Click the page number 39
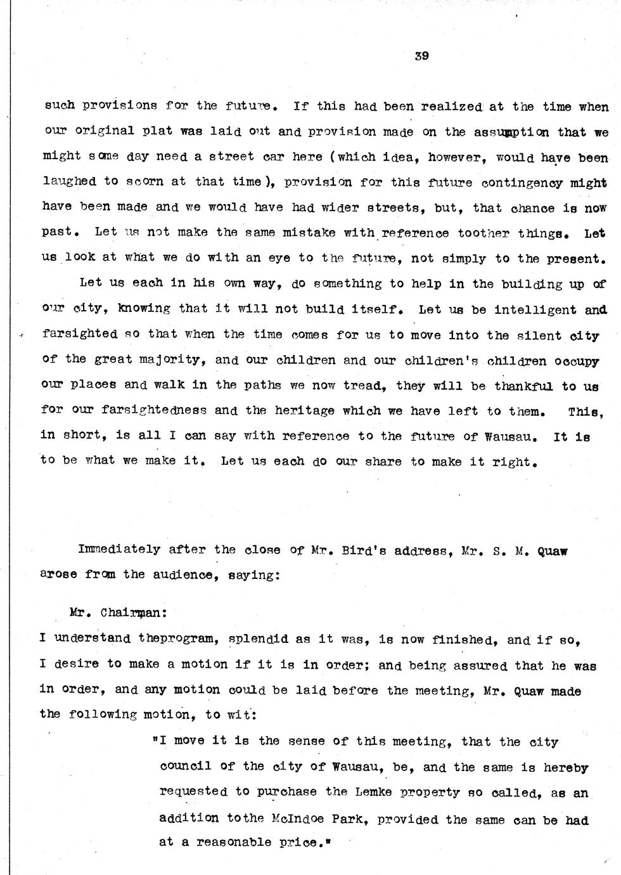coord(421,56)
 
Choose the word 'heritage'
coord(304,411)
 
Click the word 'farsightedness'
coord(153,411)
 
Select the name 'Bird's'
coord(358,550)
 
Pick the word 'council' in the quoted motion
coord(186,767)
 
